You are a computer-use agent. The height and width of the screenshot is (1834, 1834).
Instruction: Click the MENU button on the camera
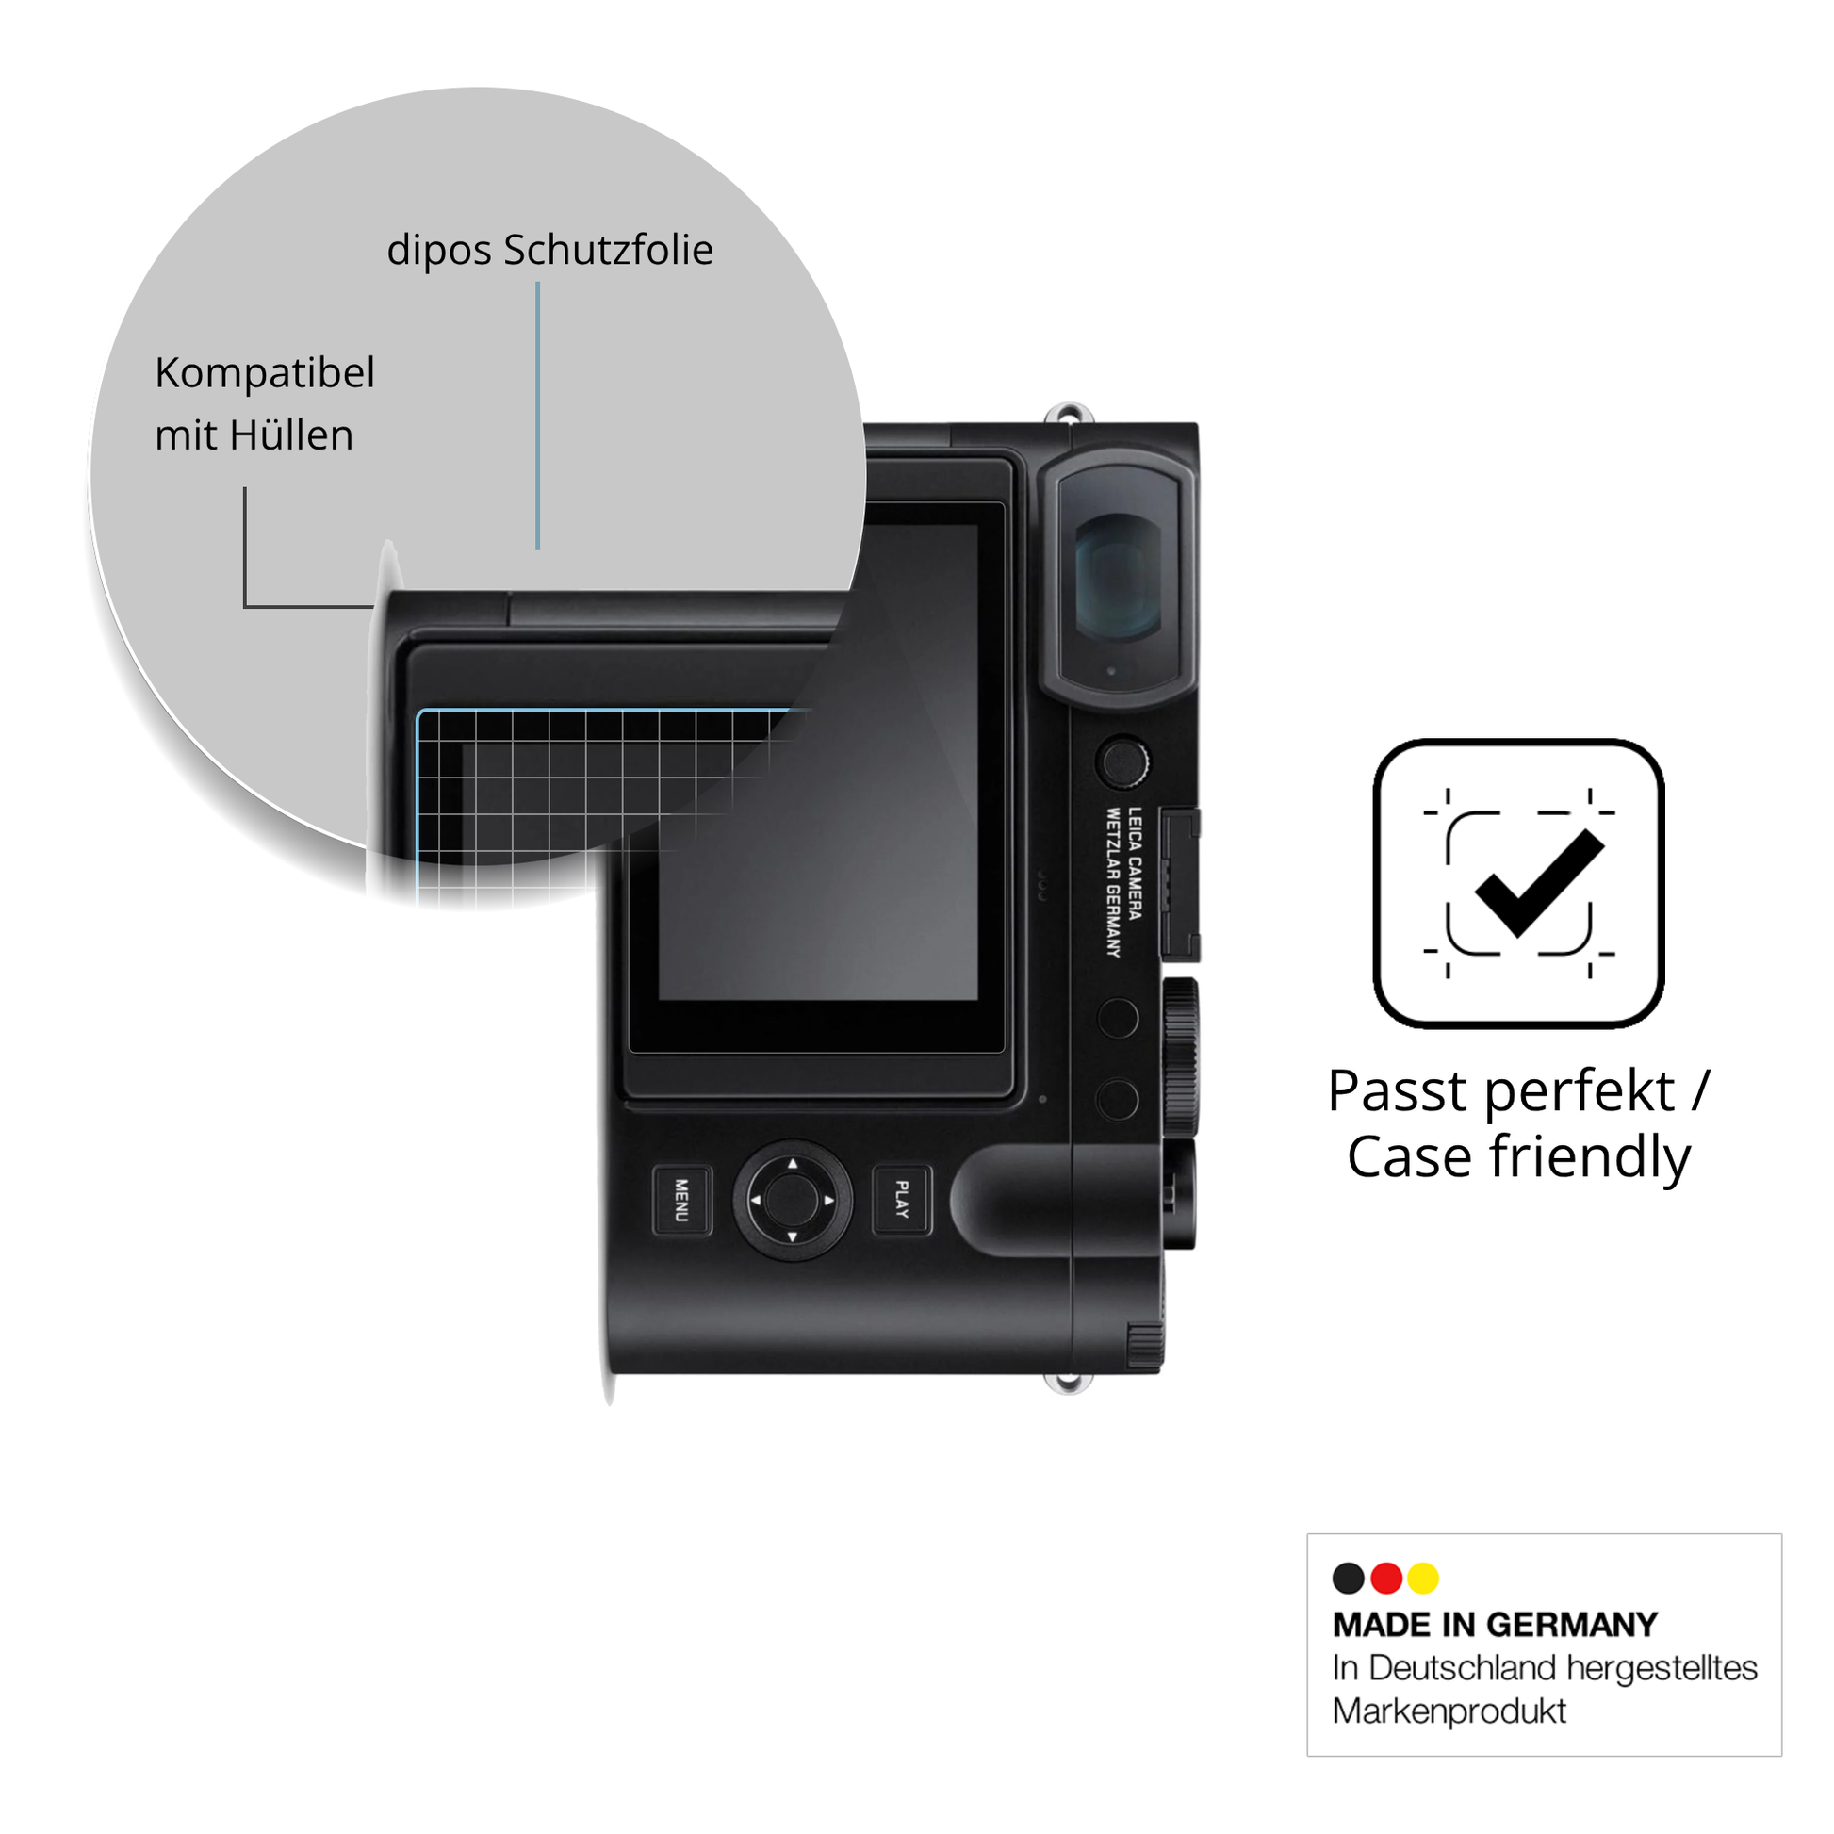point(682,1201)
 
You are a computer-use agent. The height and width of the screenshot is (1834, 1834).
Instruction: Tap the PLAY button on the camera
point(902,1200)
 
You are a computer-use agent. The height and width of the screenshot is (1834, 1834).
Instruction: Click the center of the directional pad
point(792,1200)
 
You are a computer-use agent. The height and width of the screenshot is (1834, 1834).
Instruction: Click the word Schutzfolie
point(609,250)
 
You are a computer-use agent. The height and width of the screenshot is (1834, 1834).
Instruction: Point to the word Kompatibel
point(265,372)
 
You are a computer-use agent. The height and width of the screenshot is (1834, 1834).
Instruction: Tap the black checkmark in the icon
point(1539,884)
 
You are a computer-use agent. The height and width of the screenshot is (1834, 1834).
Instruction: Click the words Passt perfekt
point(1500,1090)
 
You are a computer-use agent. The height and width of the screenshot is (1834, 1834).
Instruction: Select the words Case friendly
point(1519,1157)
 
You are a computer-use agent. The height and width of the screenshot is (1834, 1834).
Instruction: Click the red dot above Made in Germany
point(1386,1578)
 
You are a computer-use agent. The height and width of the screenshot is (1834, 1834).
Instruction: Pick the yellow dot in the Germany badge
point(1423,1578)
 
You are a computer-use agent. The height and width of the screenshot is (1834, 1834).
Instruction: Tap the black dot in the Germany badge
point(1348,1578)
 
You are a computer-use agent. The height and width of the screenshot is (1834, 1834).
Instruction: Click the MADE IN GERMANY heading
point(1495,1624)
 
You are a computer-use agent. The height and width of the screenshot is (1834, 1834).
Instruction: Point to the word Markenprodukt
point(1449,1711)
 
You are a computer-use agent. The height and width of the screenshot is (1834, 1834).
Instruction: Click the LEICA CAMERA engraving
point(1136,863)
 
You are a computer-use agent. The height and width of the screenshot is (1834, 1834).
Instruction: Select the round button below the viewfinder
point(1122,761)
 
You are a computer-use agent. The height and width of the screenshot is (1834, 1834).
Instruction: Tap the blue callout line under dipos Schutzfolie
point(537,416)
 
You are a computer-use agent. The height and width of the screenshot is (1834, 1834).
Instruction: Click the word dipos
point(439,251)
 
